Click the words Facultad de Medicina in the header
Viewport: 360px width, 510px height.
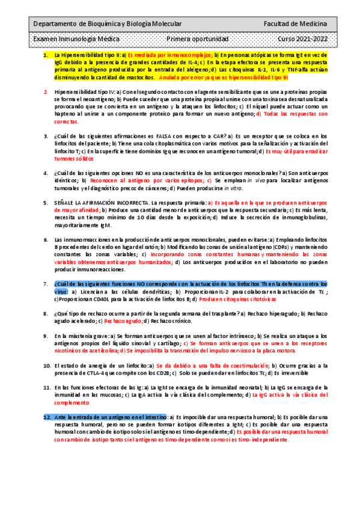(x=295, y=23)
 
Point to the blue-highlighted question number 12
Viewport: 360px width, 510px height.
(x=47, y=417)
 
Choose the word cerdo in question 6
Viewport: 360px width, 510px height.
(x=121, y=247)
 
